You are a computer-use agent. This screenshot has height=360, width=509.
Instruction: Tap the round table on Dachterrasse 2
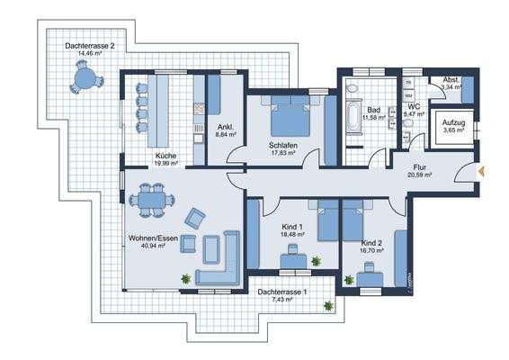[x=86, y=79]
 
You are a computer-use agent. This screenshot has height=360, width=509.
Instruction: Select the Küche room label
[x=165, y=155]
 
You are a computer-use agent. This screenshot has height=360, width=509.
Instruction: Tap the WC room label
[x=415, y=104]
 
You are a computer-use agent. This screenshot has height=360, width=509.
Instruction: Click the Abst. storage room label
[x=450, y=79]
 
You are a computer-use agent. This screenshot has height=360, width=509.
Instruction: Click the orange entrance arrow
[x=483, y=170]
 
